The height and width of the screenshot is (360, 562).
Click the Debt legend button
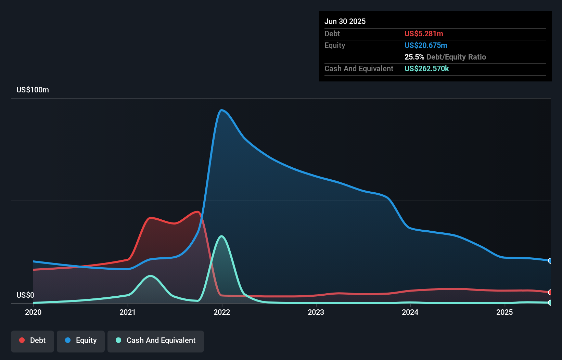[33, 341]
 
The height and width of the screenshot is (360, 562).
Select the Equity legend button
[81, 341]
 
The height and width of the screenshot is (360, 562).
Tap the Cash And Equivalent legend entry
[156, 341]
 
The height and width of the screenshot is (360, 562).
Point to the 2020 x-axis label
[33, 312]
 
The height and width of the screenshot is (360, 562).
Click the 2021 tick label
[127, 312]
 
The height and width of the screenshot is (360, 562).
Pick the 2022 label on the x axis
[222, 312]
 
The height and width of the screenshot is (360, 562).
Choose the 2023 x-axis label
[316, 312]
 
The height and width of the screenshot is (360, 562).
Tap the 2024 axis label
[410, 312]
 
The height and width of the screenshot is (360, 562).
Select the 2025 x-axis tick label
[504, 312]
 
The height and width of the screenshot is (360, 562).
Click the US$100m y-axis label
[33, 90]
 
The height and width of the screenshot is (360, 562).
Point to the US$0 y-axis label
[25, 295]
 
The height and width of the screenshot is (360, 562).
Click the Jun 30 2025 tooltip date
[345, 22]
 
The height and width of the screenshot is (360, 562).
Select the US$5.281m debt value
[424, 34]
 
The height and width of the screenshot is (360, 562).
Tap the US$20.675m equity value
[426, 46]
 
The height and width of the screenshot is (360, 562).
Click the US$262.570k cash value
[426, 69]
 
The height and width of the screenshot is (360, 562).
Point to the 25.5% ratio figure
[414, 57]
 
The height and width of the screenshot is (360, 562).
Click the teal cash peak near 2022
[222, 236]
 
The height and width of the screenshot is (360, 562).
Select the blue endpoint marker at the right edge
[550, 261]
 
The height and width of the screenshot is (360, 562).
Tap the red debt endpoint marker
[550, 292]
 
